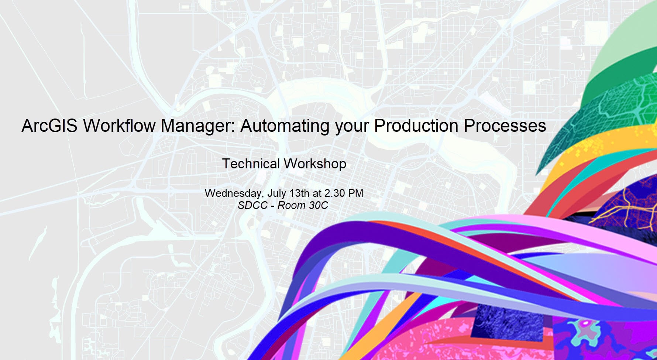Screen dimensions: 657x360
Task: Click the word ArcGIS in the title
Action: [49, 126]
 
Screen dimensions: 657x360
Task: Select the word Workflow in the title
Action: [119, 126]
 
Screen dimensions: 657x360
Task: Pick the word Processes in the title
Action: [505, 126]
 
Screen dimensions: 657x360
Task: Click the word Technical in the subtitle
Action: [251, 164]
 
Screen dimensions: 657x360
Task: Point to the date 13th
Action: [299, 193]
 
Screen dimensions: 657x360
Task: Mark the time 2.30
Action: [334, 193]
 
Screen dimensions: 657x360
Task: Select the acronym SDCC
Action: [253, 205]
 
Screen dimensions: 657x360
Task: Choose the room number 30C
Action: [318, 205]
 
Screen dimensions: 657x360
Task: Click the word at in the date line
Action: [317, 193]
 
